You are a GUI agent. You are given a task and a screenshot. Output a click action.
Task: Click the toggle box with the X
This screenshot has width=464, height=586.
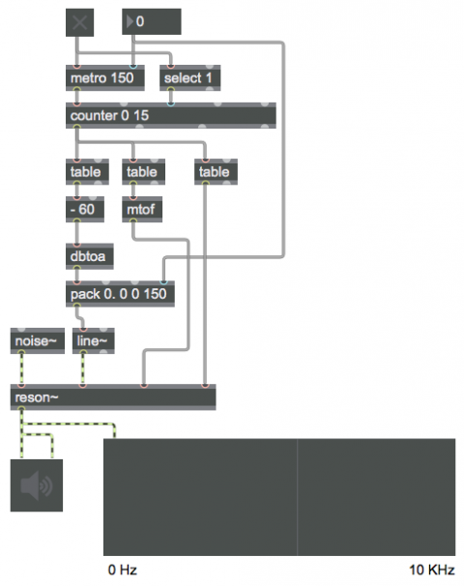79,23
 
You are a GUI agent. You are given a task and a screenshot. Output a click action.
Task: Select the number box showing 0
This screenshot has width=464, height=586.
152,21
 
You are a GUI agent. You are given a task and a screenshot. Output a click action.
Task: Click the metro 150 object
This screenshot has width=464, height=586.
105,77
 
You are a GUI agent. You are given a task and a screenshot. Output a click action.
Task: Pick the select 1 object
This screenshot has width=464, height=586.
189,77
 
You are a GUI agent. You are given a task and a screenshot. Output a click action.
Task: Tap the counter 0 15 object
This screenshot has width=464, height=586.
171,115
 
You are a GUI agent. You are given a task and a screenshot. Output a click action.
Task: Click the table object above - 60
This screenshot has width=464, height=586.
87,171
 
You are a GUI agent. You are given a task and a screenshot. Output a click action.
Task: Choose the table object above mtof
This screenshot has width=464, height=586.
143,171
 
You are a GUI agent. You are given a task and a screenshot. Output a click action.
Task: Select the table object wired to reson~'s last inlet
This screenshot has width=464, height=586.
216,171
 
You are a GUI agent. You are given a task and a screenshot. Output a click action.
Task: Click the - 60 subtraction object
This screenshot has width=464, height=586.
85,209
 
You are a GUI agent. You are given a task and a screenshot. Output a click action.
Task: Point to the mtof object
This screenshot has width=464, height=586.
142,209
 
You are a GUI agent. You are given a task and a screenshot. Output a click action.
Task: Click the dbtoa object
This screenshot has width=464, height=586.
90,256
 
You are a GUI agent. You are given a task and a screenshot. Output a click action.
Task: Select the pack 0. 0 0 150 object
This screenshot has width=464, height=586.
120,294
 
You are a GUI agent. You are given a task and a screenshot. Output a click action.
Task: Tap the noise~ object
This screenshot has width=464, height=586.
38,340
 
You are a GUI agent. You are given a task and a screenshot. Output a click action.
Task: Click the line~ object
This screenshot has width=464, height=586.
94,340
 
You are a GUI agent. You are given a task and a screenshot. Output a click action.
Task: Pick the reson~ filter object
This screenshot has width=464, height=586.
113,396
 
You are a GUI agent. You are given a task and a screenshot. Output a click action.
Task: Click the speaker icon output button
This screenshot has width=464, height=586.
37,485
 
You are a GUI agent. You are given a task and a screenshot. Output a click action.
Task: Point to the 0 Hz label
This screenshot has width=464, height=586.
123,570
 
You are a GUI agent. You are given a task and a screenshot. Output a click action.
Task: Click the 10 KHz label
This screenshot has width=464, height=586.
432,570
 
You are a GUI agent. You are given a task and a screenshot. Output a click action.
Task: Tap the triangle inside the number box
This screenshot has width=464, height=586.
130,21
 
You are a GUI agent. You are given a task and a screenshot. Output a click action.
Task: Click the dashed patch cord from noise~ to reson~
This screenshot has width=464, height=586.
21,368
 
